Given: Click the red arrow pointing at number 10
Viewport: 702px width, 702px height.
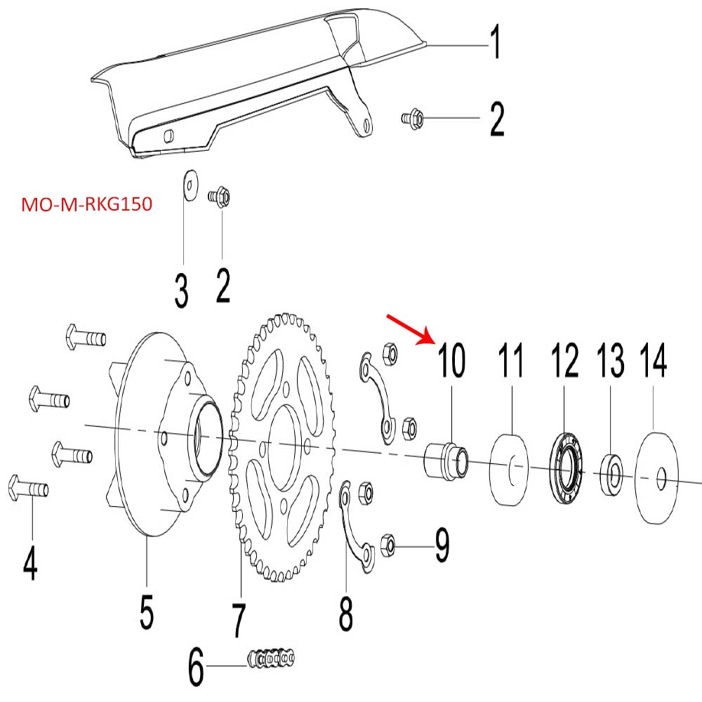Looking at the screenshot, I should point(411,330).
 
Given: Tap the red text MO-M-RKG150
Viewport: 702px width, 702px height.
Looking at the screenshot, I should point(87,205).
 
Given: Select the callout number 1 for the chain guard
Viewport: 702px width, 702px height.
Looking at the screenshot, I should point(495,44).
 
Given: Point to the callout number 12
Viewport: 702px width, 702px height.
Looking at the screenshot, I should point(564,362).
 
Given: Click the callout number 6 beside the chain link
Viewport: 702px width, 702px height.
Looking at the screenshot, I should point(196,668).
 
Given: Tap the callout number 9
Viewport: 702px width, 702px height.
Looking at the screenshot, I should point(442,545).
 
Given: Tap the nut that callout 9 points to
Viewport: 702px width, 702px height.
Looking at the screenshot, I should point(388,543).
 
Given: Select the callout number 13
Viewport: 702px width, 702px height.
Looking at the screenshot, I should point(610,362).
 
